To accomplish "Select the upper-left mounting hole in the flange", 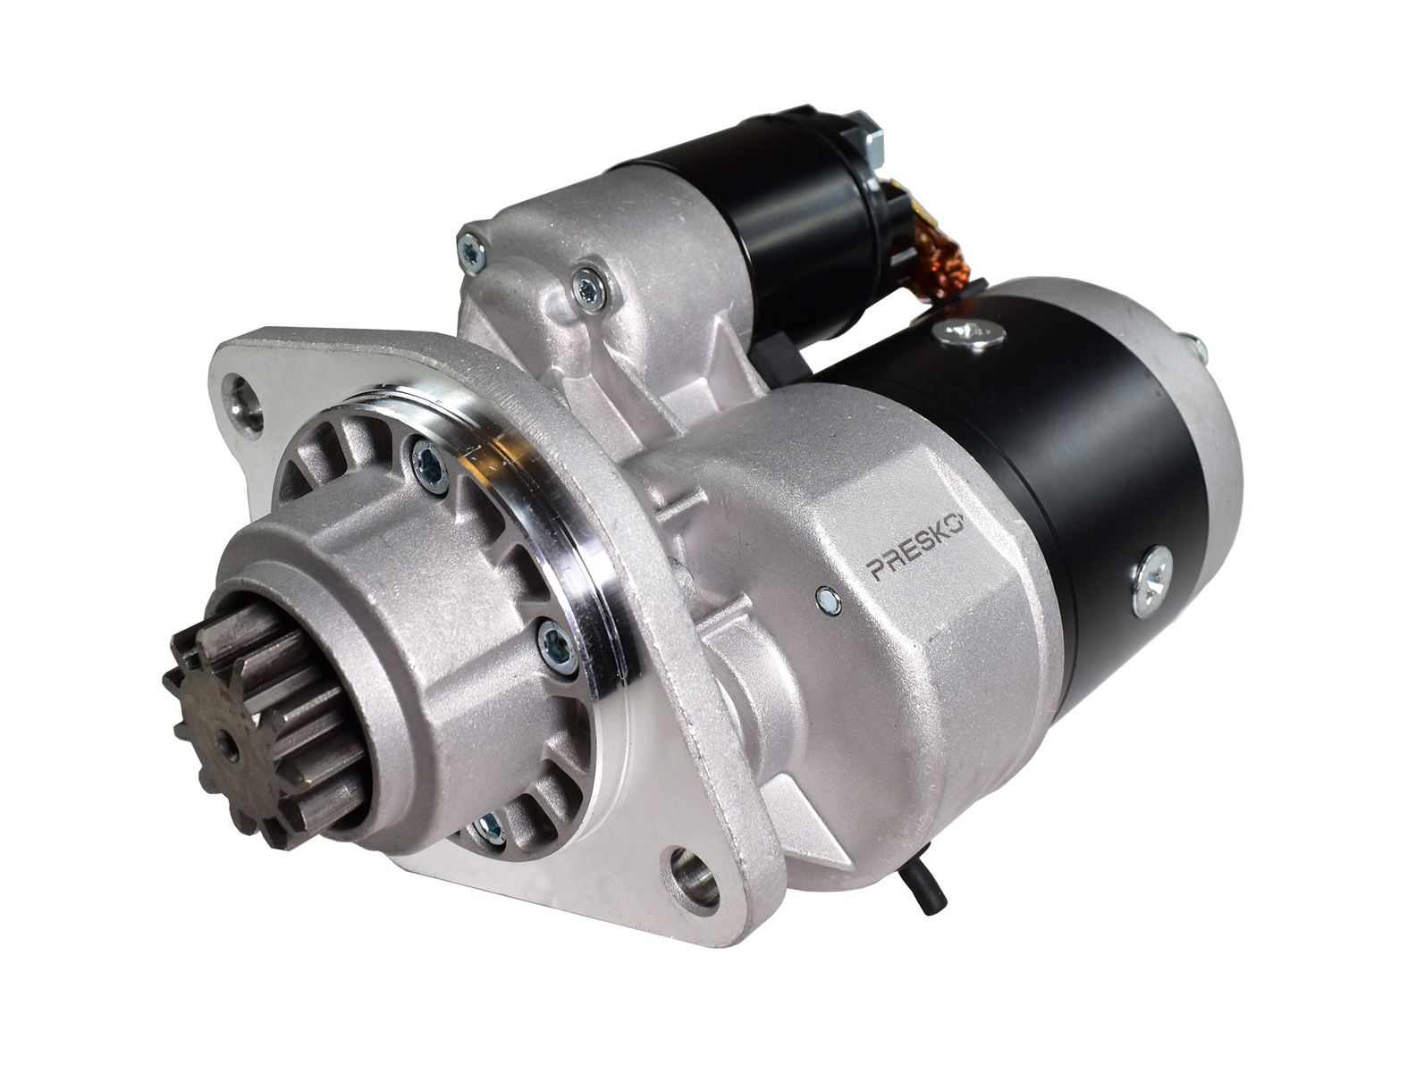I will [x=241, y=397].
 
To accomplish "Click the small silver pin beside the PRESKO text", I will [x=828, y=599].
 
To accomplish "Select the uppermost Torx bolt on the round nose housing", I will [x=432, y=465].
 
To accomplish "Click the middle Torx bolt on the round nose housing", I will [x=557, y=645].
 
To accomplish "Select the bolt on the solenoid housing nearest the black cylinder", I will [x=590, y=288].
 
